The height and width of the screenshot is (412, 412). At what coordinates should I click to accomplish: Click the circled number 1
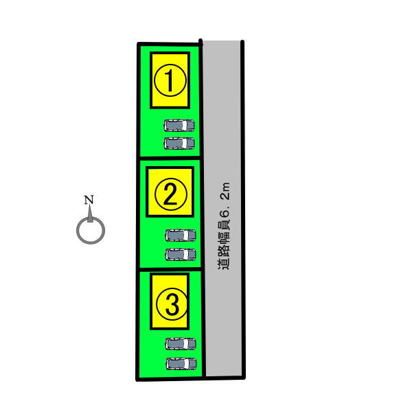[x=170, y=80]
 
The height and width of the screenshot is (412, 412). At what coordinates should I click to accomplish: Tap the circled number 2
[x=171, y=194]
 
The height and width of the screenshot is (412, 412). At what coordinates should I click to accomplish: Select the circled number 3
[x=172, y=304]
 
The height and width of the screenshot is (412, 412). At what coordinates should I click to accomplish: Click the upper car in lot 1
[x=179, y=126]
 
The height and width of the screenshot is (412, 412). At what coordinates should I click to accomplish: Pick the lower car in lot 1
[x=179, y=144]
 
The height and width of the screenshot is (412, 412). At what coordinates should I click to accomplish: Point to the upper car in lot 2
[x=181, y=235]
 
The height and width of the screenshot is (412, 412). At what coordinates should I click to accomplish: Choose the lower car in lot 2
[x=181, y=254]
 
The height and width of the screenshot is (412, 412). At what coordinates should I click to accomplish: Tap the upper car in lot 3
[x=181, y=344]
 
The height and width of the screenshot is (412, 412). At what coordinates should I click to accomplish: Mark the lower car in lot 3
[x=181, y=364]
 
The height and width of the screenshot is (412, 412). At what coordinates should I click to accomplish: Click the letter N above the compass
[x=89, y=200]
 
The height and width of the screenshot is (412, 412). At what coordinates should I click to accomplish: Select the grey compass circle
[x=91, y=231]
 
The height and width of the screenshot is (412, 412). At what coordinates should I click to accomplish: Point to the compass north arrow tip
[x=90, y=205]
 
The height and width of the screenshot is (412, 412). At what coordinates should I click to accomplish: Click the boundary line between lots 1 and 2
[x=170, y=158]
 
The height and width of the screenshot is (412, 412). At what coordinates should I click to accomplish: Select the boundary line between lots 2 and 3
[x=170, y=269]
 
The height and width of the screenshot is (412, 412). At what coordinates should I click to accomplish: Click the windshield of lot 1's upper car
[x=185, y=126]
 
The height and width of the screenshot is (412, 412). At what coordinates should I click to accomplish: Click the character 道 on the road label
[x=224, y=264]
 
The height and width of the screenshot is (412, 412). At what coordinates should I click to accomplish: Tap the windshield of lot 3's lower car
[x=187, y=364]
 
